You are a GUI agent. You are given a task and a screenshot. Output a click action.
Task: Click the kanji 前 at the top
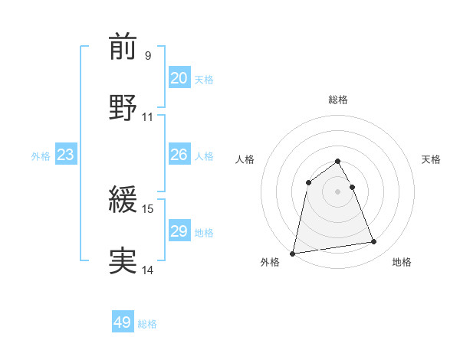(123, 47)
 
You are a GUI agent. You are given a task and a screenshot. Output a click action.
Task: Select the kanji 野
(123, 107)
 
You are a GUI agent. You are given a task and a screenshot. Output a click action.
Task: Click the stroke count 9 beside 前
(147, 55)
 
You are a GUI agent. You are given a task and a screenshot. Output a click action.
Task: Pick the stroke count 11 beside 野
(147, 116)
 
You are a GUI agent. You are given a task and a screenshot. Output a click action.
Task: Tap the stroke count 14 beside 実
(147, 270)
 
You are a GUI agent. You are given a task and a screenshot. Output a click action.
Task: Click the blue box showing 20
(179, 78)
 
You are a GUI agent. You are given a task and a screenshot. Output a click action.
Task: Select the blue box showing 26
(179, 155)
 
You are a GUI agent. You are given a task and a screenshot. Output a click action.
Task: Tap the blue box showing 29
(179, 231)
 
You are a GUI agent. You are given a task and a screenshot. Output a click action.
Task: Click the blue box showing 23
(65, 155)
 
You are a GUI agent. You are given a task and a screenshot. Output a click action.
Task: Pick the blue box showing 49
(123, 322)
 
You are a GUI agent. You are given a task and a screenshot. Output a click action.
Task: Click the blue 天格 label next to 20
(204, 80)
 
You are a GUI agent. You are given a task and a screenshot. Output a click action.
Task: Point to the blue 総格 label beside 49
(147, 324)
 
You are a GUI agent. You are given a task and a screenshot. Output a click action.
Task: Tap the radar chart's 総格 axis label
(338, 100)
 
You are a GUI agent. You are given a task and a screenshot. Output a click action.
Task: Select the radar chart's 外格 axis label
(271, 262)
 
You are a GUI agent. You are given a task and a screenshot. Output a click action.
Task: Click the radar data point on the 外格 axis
(293, 253)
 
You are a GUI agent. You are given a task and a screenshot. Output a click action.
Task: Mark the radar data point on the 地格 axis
(374, 242)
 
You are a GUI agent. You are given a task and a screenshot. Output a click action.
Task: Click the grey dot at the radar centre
(338, 191)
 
